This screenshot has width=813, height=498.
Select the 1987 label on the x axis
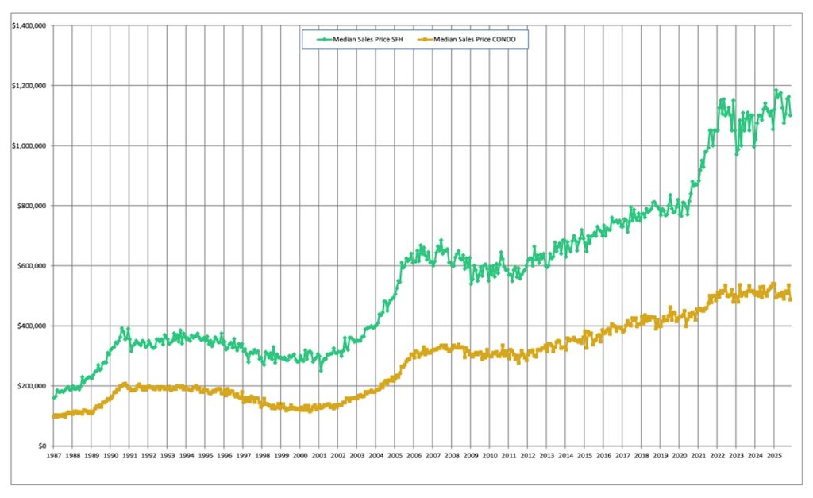click(x=53, y=457)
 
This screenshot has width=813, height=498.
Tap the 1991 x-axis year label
click(x=129, y=457)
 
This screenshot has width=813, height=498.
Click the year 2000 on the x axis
click(x=300, y=457)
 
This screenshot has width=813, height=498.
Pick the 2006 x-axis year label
click(x=414, y=457)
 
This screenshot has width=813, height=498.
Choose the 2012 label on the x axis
click(x=528, y=457)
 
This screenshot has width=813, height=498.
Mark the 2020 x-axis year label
click(x=680, y=457)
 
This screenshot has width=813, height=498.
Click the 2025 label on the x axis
click(x=774, y=457)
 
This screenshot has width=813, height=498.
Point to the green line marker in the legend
click(x=323, y=37)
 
